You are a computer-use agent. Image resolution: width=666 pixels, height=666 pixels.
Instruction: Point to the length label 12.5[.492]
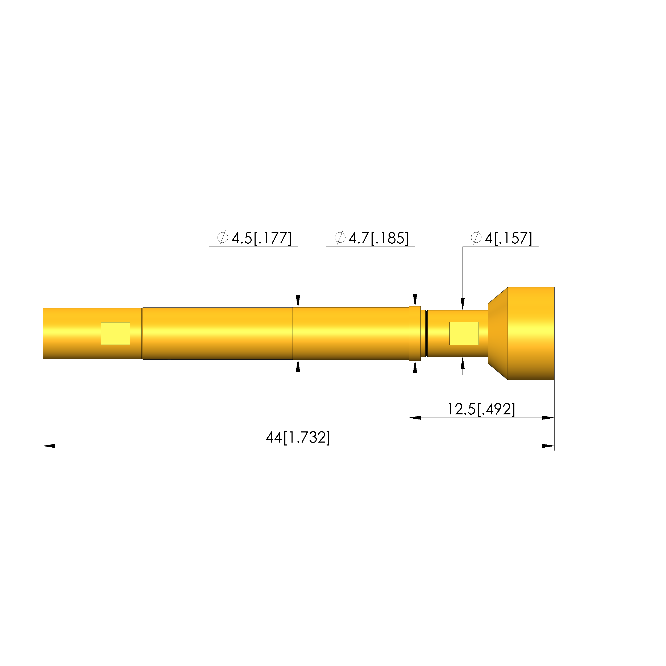(x=481, y=409)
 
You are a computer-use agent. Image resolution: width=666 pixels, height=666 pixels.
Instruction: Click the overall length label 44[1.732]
(x=298, y=438)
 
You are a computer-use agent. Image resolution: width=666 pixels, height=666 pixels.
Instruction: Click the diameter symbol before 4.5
(x=223, y=238)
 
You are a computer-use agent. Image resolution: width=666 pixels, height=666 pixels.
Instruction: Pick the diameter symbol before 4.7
(x=340, y=238)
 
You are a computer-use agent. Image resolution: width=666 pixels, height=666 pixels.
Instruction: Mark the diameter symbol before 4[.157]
(x=476, y=238)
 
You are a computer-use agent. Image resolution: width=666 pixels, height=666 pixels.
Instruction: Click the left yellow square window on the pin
(x=115, y=333)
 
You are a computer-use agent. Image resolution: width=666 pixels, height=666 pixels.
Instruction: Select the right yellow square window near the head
(x=464, y=333)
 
